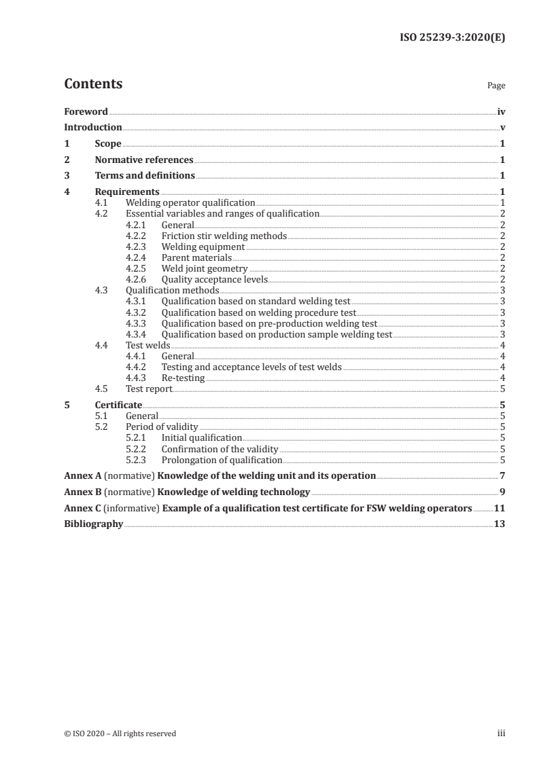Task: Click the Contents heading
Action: (x=93, y=84)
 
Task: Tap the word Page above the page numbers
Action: (x=495, y=86)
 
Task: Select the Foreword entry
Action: (x=86, y=111)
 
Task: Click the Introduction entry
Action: (x=92, y=127)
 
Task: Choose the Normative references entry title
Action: (x=144, y=160)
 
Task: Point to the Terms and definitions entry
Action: (x=145, y=175)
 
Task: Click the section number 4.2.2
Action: (x=137, y=236)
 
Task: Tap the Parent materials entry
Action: (x=196, y=257)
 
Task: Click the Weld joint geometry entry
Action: (x=205, y=268)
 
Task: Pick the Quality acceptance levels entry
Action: (x=215, y=279)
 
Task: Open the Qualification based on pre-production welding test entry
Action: (x=269, y=323)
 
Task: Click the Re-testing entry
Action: (x=183, y=378)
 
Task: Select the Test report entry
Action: (x=149, y=388)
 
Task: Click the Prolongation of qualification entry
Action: (x=222, y=460)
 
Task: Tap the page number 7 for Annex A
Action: (x=502, y=475)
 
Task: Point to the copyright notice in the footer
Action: (x=120, y=733)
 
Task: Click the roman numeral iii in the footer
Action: (x=501, y=733)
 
